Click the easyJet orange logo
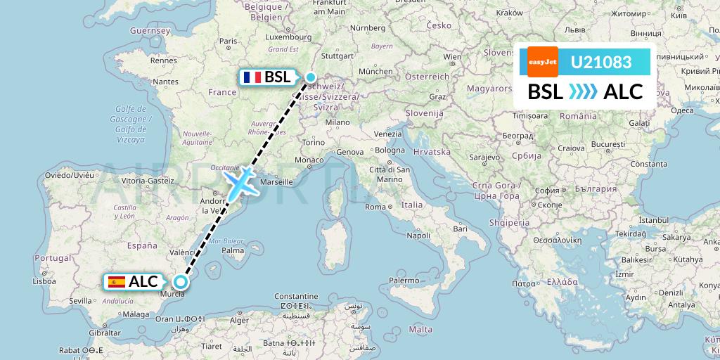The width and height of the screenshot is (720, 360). click(x=543, y=62)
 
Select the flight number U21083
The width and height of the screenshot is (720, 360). click(x=600, y=63)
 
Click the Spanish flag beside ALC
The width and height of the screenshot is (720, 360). click(x=117, y=282)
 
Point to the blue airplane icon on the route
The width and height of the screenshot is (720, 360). click(x=240, y=183)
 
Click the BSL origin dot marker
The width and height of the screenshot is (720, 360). click(x=310, y=77)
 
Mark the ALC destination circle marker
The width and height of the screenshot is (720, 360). click(x=181, y=282)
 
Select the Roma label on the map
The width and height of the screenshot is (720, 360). click(x=375, y=207)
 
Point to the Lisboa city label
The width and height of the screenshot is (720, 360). click(x=44, y=281)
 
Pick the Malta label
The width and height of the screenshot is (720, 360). click(x=420, y=329)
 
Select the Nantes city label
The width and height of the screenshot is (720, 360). click(x=166, y=82)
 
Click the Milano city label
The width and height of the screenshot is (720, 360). click(x=337, y=122)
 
